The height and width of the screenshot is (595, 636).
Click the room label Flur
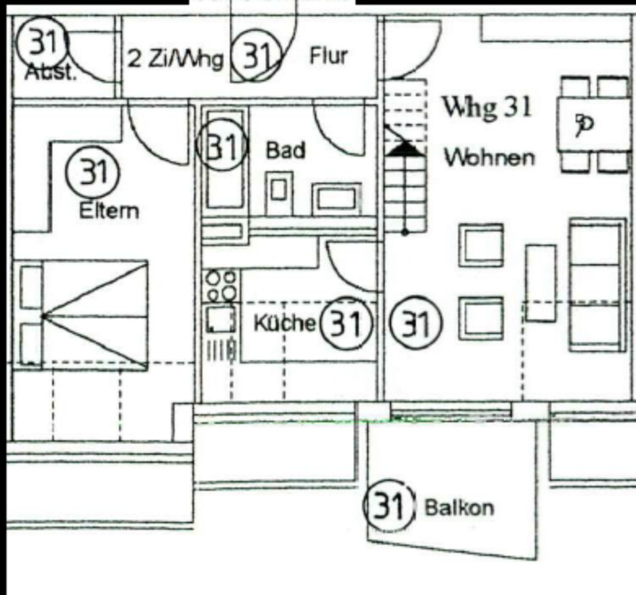tap(328, 56)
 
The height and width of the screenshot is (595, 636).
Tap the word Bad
tap(285, 149)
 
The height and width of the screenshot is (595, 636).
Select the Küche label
tap(285, 324)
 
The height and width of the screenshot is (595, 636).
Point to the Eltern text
tap(109, 210)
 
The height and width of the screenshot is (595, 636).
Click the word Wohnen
tap(488, 157)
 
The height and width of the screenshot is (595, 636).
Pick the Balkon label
tap(459, 507)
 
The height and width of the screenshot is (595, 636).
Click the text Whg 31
tap(486, 106)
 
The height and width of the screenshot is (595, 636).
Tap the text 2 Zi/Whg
tap(175, 59)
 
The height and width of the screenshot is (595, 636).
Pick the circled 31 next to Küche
tap(346, 324)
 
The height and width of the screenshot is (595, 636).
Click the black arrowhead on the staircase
tap(404, 147)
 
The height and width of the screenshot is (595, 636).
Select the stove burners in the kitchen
tap(220, 286)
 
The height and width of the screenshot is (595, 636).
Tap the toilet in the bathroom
tap(278, 190)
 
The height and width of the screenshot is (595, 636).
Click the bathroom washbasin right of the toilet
tap(335, 198)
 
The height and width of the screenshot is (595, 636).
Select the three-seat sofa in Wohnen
tap(596, 285)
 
